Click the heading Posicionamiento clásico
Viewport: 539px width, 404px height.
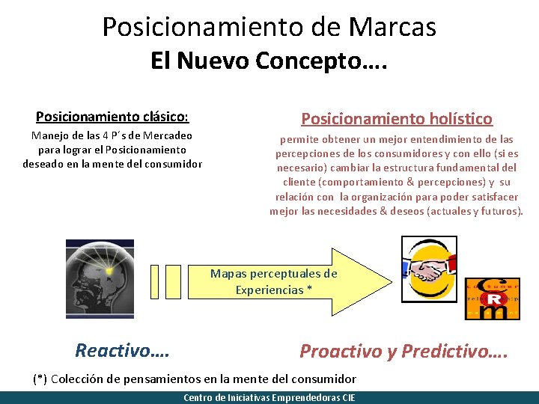pos(112,117)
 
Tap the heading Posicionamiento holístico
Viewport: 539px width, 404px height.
pos(397,118)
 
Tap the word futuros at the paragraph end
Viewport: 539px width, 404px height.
pos(501,211)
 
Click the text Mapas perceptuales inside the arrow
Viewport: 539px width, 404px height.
pos(273,274)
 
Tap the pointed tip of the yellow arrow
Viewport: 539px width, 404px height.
pos(389,281)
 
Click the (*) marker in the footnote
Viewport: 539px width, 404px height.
pos(41,379)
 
